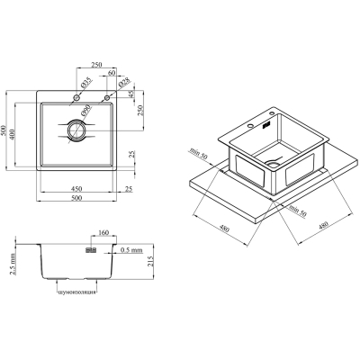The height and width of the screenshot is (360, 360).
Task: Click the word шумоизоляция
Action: pyautogui.click(x=76, y=292)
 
